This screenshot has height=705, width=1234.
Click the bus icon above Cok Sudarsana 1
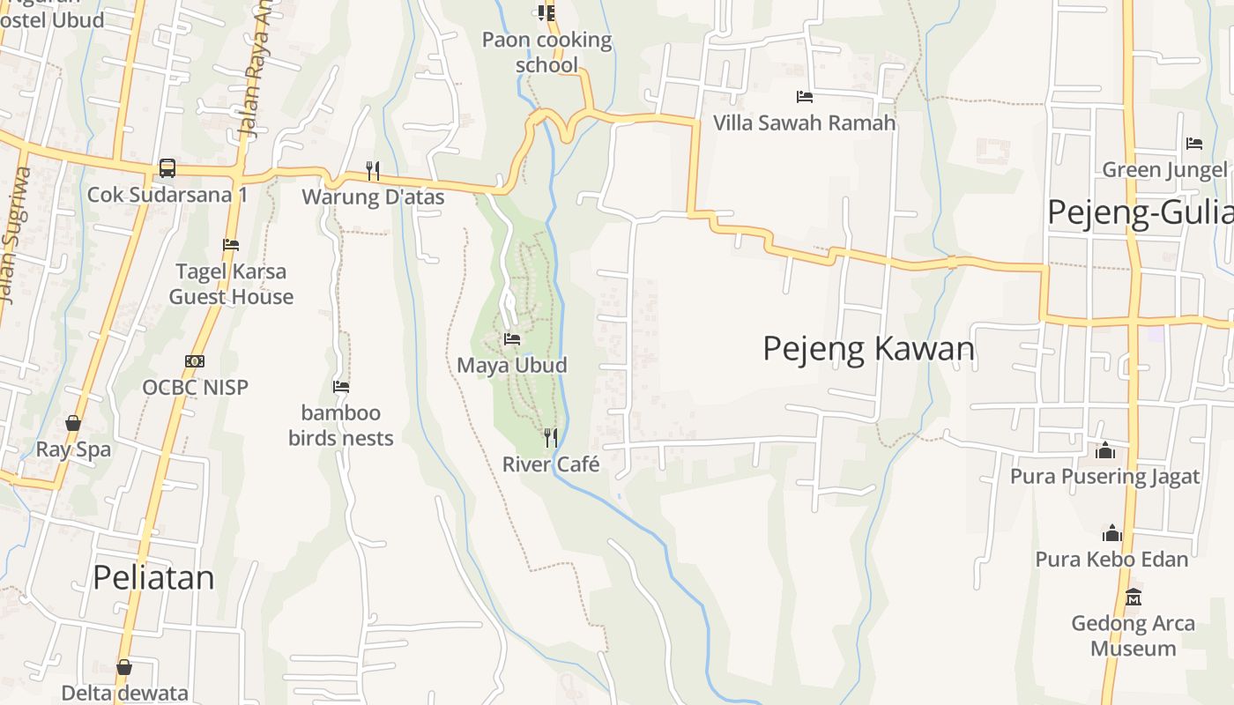pyautogui.click(x=167, y=167)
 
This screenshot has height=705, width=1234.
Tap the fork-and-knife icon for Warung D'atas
pyautogui.click(x=373, y=170)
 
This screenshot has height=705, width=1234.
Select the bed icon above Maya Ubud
pyautogui.click(x=511, y=338)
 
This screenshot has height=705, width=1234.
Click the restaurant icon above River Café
pyautogui.click(x=550, y=437)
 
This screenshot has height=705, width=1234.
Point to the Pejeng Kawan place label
pyautogui.click(x=868, y=349)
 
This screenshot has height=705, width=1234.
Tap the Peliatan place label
pyautogui.click(x=153, y=577)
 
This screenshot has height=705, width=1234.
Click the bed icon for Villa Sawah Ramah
pyautogui.click(x=804, y=96)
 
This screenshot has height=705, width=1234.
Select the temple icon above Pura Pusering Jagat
pyautogui.click(x=1104, y=451)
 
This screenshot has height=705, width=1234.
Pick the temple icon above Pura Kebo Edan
pyautogui.click(x=1111, y=533)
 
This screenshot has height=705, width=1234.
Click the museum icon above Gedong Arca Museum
pyautogui.click(x=1134, y=597)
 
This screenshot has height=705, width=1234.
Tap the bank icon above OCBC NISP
pyautogui.click(x=195, y=361)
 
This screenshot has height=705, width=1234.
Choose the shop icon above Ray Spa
pyautogui.click(x=73, y=424)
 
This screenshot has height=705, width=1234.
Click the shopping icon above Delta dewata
pyautogui.click(x=124, y=667)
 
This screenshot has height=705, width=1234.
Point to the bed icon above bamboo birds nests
pyautogui.click(x=341, y=386)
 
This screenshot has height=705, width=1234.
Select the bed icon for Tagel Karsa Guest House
pyautogui.click(x=231, y=244)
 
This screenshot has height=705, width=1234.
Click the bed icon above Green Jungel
pyautogui.click(x=1193, y=143)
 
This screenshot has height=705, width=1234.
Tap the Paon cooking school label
pyautogui.click(x=546, y=52)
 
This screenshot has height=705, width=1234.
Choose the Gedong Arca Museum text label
pyautogui.click(x=1133, y=636)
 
